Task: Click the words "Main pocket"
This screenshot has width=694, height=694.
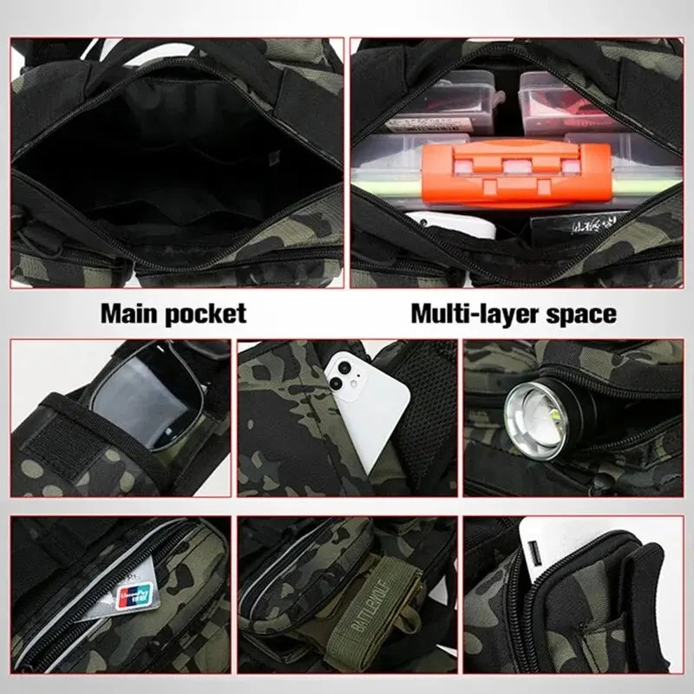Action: [x=173, y=312]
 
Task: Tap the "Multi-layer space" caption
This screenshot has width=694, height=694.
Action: [x=513, y=312]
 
